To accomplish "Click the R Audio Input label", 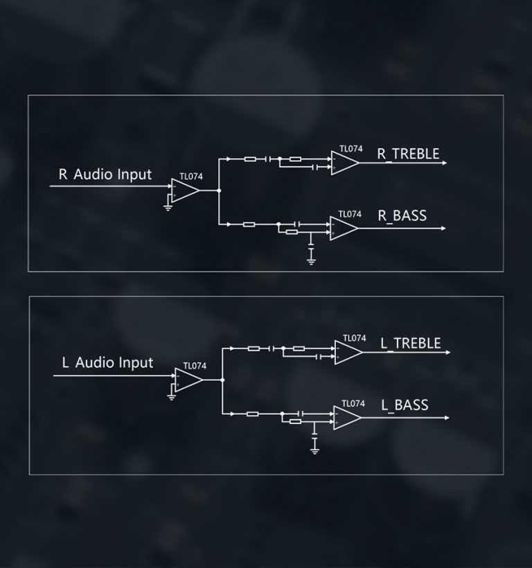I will pos(105,174).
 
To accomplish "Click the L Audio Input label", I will pos(107,362).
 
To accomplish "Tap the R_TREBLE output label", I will pos(408,154).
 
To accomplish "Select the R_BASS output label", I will pos(402,216).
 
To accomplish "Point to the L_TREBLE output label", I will pos(410,344).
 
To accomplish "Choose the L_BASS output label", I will pos(405,405).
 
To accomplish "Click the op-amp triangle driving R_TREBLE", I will pos(344,163).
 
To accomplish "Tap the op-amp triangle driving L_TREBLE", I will pos(347,353).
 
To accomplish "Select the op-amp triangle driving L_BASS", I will pos(346,417).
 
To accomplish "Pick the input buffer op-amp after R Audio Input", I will pos(185,190).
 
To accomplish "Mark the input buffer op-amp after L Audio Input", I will pos(188,380).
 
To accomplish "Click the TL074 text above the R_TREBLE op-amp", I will pos(351,148).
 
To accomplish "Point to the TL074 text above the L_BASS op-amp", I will pos(353,403).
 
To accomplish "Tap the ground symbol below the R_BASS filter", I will pos(311,260).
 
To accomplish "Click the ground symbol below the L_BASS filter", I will pos(314,450).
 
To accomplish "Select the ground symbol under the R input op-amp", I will pos(168,206).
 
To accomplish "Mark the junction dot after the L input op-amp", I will pos(222,380).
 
